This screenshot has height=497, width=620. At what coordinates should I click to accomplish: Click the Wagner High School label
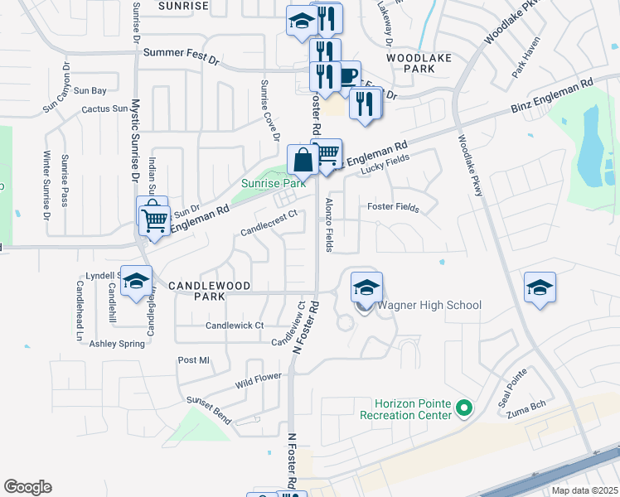[429, 305]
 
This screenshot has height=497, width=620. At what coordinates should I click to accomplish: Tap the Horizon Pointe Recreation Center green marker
[464, 408]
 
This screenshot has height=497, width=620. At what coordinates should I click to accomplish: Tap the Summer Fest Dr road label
[182, 52]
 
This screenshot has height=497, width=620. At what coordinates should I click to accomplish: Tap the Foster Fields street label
[393, 207]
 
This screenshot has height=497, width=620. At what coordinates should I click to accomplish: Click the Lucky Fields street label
[386, 168]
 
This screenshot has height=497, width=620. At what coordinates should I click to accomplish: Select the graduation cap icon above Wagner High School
[366, 287]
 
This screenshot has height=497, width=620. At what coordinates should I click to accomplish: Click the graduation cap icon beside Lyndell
[137, 282]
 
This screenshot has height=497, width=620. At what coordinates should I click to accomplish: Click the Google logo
[27, 487]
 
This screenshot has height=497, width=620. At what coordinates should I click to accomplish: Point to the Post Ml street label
[195, 360]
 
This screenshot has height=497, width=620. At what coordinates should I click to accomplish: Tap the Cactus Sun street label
[104, 109]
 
